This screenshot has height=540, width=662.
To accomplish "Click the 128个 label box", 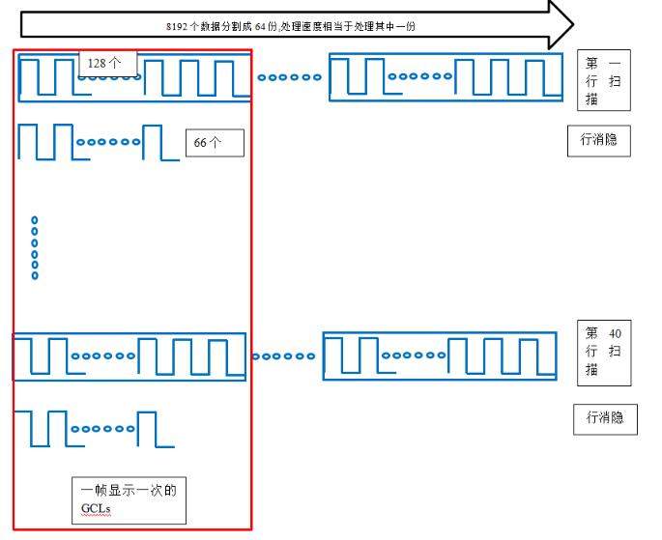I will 107,63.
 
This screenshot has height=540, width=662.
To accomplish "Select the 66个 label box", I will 214,142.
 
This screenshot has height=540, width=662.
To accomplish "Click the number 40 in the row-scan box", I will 615,333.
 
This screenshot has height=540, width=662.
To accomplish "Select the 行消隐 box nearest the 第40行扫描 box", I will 604,418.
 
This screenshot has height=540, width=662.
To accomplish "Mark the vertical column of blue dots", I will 35,248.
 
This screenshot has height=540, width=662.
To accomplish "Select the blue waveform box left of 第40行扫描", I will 439,356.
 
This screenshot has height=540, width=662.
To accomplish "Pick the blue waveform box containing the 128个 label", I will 134,77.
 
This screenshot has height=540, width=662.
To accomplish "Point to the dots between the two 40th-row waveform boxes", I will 284,356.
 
